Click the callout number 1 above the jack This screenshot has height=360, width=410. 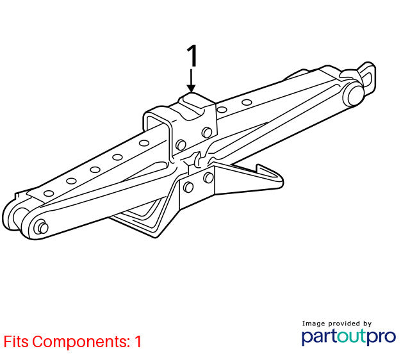(x=192, y=56)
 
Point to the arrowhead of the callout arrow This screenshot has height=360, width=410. (x=192, y=88)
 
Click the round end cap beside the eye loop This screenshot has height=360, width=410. (x=355, y=95)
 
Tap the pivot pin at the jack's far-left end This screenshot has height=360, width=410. (x=42, y=227)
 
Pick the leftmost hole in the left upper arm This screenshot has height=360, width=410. (x=49, y=193)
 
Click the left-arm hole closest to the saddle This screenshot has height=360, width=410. (x=144, y=143)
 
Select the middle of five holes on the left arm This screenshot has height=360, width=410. (x=95, y=169)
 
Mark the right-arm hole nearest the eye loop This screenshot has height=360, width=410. (x=247, y=102)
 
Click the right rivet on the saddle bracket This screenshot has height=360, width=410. (x=207, y=133)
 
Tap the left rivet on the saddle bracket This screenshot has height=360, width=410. (x=181, y=145)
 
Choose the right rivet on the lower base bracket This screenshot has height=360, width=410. (x=208, y=178)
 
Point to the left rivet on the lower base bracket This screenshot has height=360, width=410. (x=188, y=187)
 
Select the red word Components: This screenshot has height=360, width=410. (x=81, y=342)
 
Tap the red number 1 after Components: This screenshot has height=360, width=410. (x=138, y=341)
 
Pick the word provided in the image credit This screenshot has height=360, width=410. (x=344, y=324)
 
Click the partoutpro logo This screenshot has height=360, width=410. (x=348, y=337)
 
